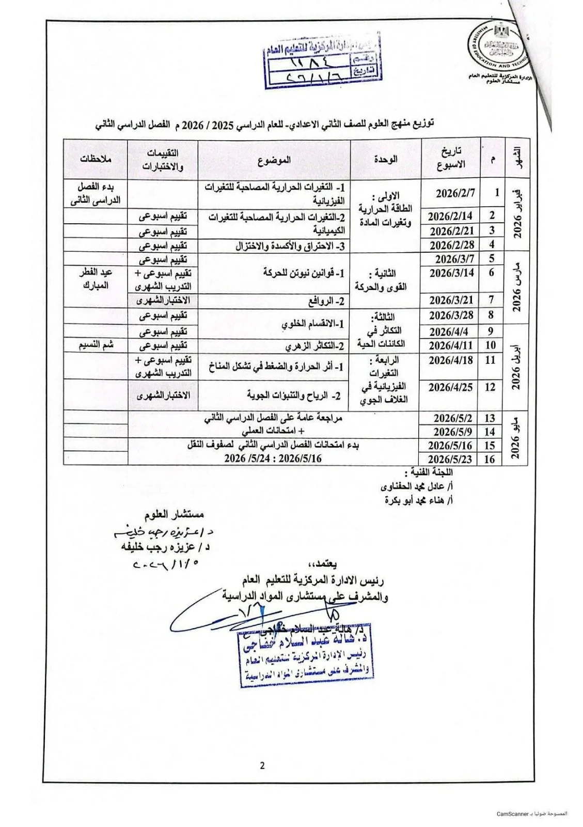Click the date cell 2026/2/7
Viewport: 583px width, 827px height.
click(x=454, y=193)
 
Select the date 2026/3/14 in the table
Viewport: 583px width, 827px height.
click(x=451, y=273)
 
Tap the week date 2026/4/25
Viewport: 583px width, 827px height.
click(x=450, y=387)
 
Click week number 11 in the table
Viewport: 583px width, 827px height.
click(x=490, y=360)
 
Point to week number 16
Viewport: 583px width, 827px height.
click(x=490, y=458)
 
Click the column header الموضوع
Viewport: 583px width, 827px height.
click(x=274, y=160)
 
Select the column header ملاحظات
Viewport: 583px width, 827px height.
click(x=96, y=160)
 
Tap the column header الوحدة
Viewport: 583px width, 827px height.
click(x=386, y=160)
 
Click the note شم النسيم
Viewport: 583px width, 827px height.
click(x=96, y=345)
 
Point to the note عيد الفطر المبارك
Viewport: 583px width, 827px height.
click(x=96, y=279)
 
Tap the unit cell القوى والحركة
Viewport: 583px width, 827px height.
click(x=381, y=280)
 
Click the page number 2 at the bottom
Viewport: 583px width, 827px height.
click(x=262, y=765)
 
